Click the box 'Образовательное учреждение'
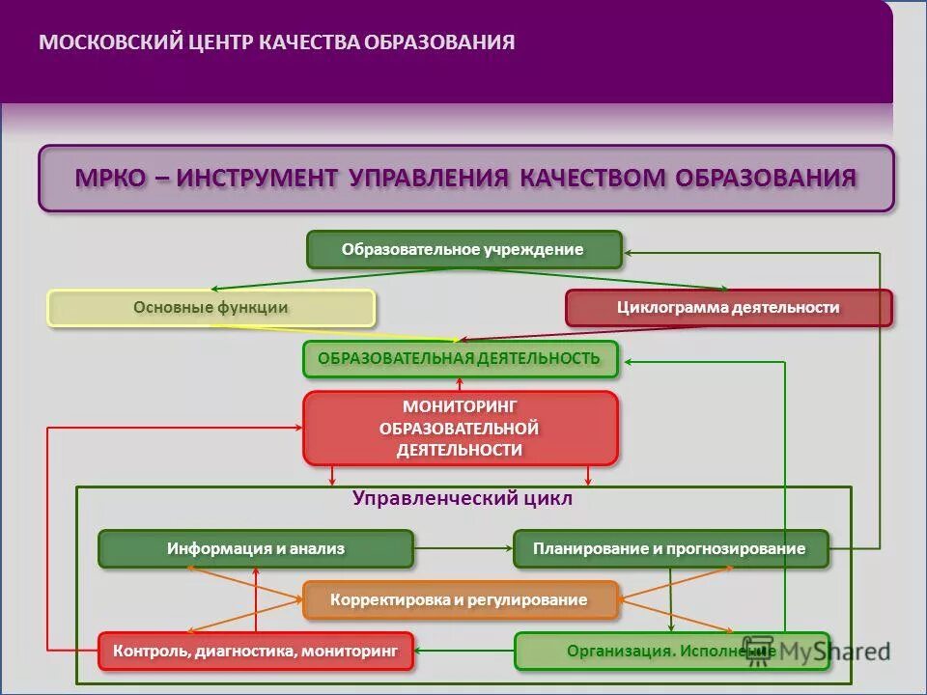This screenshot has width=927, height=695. point(463,249)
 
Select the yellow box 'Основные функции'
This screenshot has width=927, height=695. point(211,308)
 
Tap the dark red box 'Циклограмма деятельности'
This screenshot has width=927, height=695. point(728,308)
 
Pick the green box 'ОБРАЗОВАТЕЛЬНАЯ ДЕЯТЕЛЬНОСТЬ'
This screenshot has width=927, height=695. point(460,359)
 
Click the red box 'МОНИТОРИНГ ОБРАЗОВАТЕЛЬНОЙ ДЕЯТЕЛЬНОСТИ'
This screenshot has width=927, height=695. point(460,428)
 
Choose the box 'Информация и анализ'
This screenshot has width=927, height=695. point(255,548)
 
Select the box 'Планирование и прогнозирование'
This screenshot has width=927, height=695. point(670,548)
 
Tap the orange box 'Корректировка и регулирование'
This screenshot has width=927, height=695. point(460,599)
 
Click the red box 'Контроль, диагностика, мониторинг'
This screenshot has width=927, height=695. point(255,651)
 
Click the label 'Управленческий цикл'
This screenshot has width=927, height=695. point(463,499)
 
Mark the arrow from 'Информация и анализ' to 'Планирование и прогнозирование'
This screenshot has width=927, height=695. point(463,548)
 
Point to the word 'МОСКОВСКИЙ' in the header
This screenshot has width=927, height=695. point(111,42)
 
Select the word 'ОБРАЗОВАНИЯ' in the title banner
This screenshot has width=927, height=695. point(766,178)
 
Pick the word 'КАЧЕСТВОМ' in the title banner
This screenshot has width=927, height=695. point(593,178)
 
